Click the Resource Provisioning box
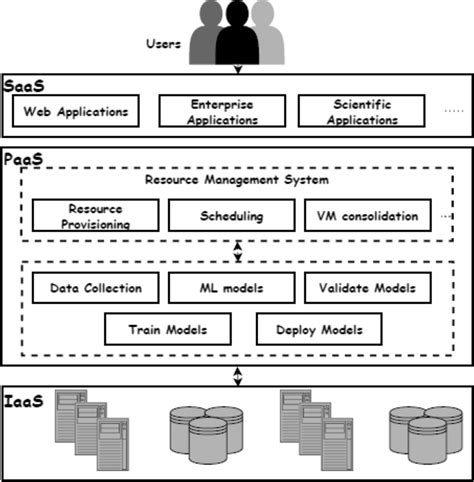tap(95, 215)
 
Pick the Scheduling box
tap(231, 215)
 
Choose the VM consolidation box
tap(367, 215)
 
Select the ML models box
tap(231, 289)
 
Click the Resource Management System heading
tap(236, 180)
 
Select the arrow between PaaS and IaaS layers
tap(237, 375)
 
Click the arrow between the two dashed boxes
tap(237, 251)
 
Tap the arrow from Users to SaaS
tap(237, 68)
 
